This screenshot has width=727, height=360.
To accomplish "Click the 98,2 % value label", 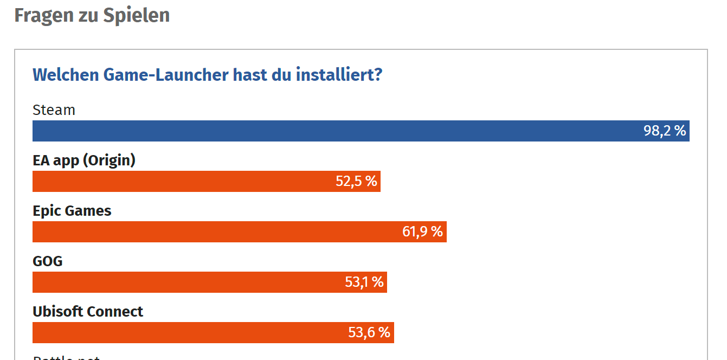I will click(x=665, y=131).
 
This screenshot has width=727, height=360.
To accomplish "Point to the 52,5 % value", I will click(x=356, y=181).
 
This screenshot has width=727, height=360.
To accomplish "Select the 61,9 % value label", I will click(x=422, y=232).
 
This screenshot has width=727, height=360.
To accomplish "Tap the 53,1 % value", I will click(x=364, y=282).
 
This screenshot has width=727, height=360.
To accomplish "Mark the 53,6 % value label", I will click(x=369, y=332).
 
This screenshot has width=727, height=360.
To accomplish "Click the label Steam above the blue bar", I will click(x=54, y=110).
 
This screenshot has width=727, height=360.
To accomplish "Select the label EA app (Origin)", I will click(x=84, y=160).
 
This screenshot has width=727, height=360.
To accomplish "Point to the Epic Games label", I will click(x=72, y=211).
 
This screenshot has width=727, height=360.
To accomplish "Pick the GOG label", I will click(x=48, y=261).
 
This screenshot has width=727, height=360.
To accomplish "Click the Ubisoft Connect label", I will click(x=88, y=312).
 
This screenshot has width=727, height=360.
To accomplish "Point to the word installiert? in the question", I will click(x=339, y=74).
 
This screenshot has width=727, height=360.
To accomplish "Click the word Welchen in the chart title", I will click(x=65, y=74).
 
